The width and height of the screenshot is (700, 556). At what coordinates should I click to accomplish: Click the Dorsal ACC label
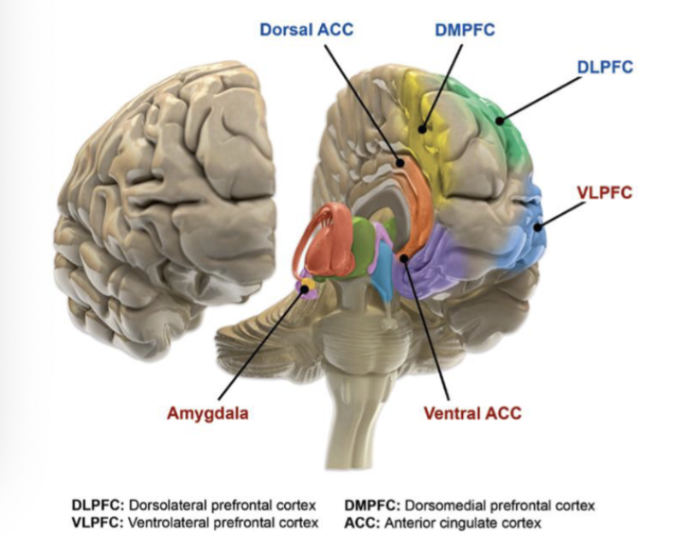click(x=306, y=30)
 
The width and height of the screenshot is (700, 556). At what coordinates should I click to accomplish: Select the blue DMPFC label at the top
click(x=465, y=31)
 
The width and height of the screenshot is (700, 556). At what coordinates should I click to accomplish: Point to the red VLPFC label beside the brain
click(x=604, y=192)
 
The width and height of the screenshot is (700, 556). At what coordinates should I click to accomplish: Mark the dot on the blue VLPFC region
click(x=536, y=228)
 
